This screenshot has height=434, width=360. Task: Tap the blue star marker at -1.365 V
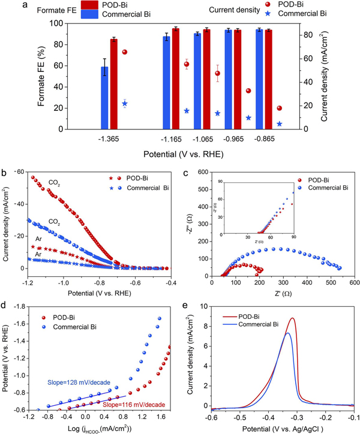125,104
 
